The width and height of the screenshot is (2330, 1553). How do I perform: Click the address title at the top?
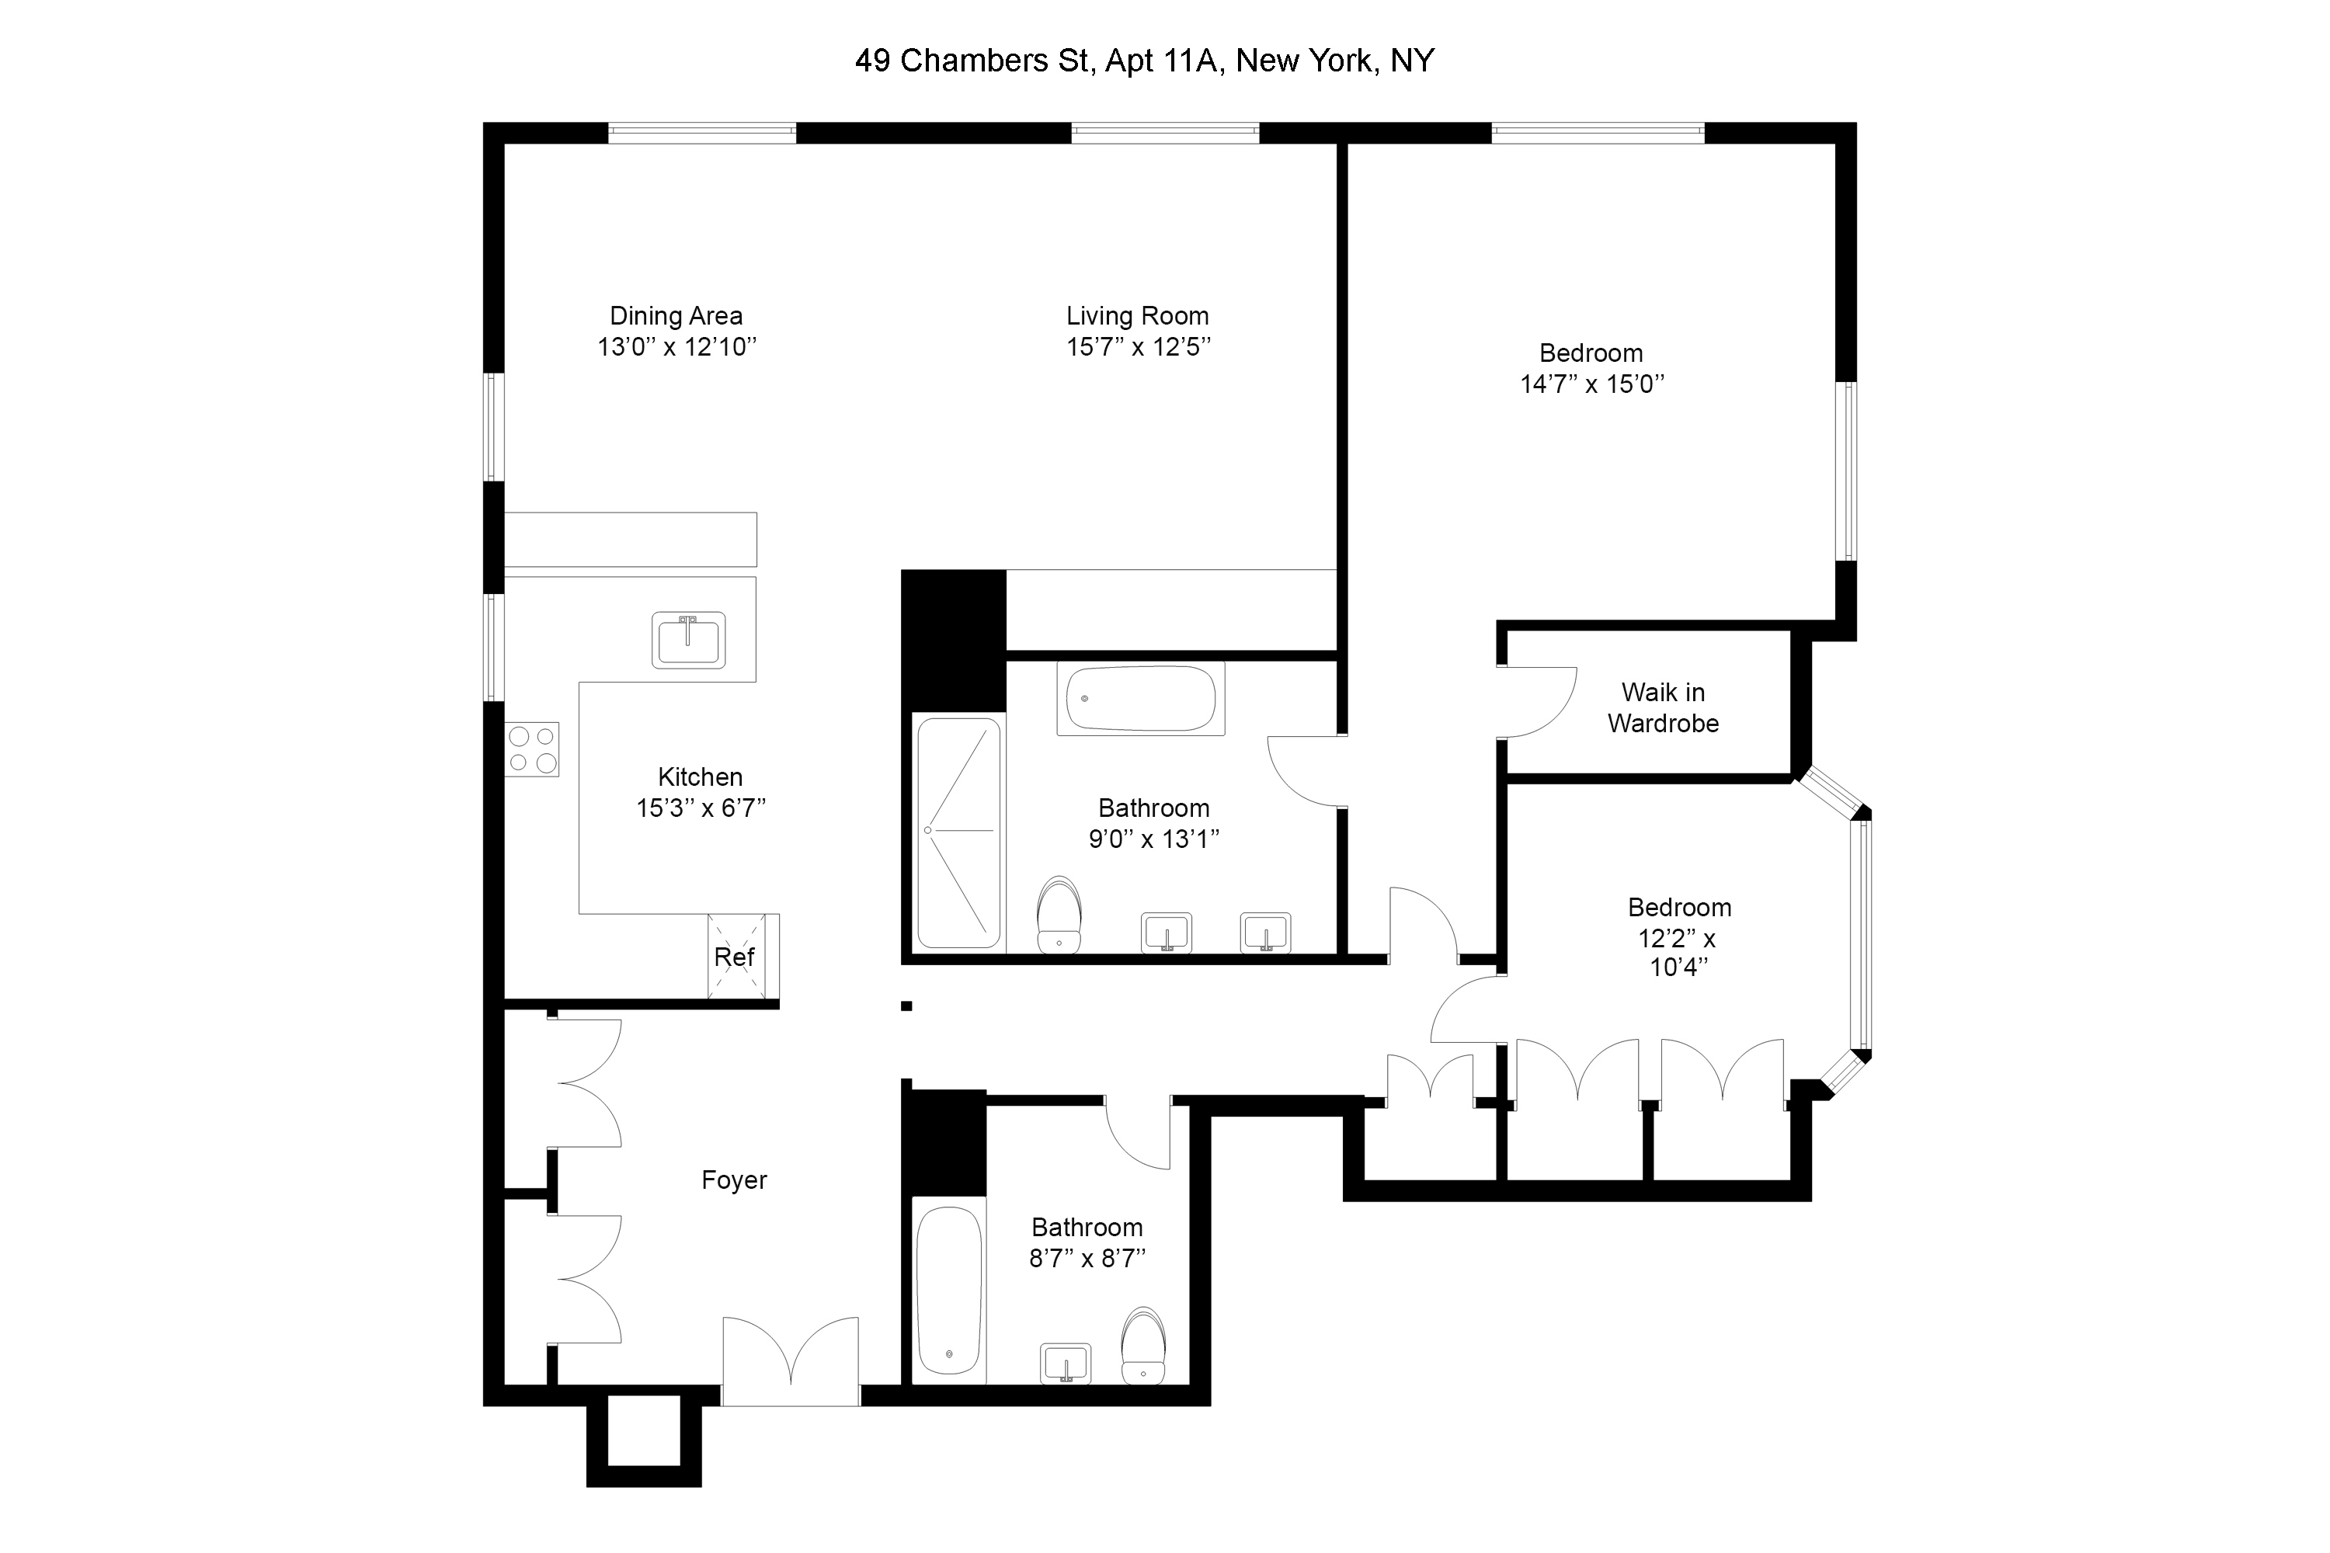click(1144, 61)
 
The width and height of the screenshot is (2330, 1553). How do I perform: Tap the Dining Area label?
click(676, 316)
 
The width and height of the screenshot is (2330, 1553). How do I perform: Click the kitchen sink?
click(687, 640)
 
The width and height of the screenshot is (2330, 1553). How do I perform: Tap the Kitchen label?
click(700, 777)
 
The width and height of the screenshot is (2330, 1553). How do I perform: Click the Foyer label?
click(734, 1180)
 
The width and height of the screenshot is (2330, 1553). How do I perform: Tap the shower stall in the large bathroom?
click(958, 831)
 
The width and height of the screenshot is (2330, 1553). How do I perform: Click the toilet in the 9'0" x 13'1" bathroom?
click(1059, 913)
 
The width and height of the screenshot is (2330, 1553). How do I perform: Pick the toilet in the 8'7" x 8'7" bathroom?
click(1143, 1345)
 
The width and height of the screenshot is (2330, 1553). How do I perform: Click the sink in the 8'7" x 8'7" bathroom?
click(1066, 1364)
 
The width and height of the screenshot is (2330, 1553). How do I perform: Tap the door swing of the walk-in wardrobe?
click(1535, 704)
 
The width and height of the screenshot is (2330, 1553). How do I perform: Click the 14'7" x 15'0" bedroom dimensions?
click(1592, 384)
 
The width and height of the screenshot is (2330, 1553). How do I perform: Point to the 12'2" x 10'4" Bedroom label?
click(1679, 909)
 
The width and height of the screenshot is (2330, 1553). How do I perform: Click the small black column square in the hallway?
click(906, 1006)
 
